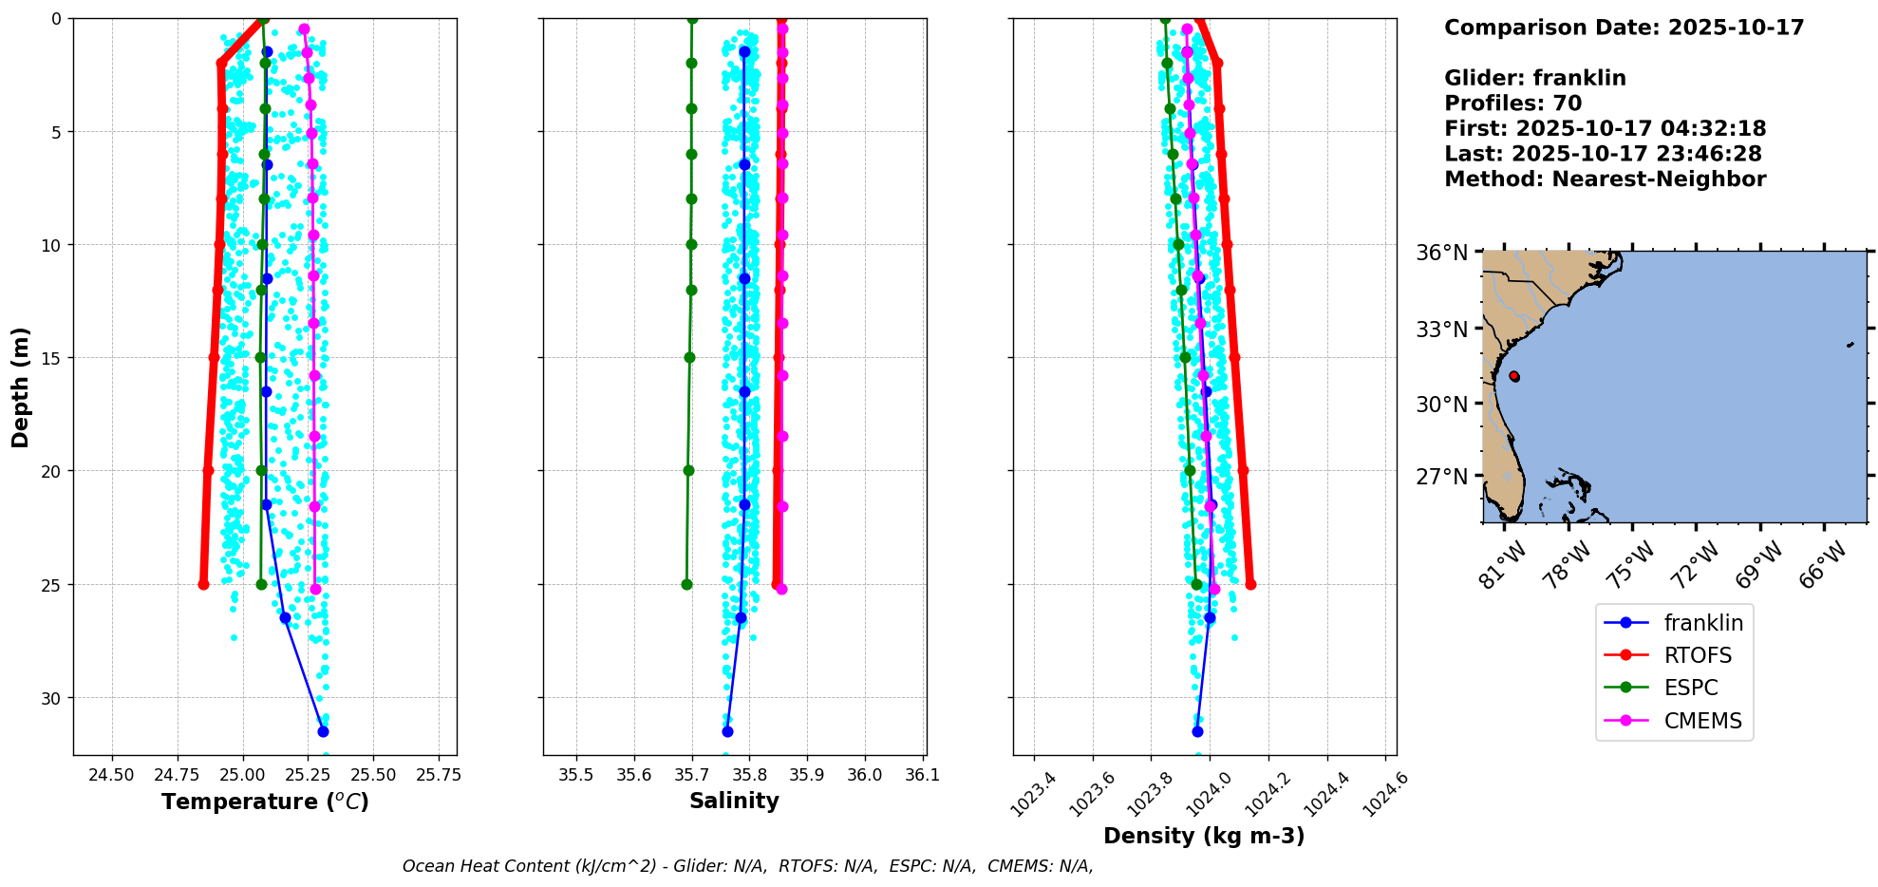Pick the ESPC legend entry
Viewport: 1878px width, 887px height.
pos(1691,688)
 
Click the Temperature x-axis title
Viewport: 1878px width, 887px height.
pos(265,802)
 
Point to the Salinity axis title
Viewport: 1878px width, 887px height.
pos(734,801)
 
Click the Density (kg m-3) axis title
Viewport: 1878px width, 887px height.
pos(1203,836)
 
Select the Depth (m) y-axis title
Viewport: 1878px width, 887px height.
pos(21,387)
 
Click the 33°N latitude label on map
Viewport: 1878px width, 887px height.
pos(1442,330)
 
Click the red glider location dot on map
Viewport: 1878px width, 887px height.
pos(1513,376)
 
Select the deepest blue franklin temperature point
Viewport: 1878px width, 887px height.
pos(323,731)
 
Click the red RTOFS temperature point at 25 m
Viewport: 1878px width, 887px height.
pos(203,584)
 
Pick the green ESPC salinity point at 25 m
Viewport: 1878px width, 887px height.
pos(686,584)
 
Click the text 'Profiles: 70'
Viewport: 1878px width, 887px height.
pos(1512,104)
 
